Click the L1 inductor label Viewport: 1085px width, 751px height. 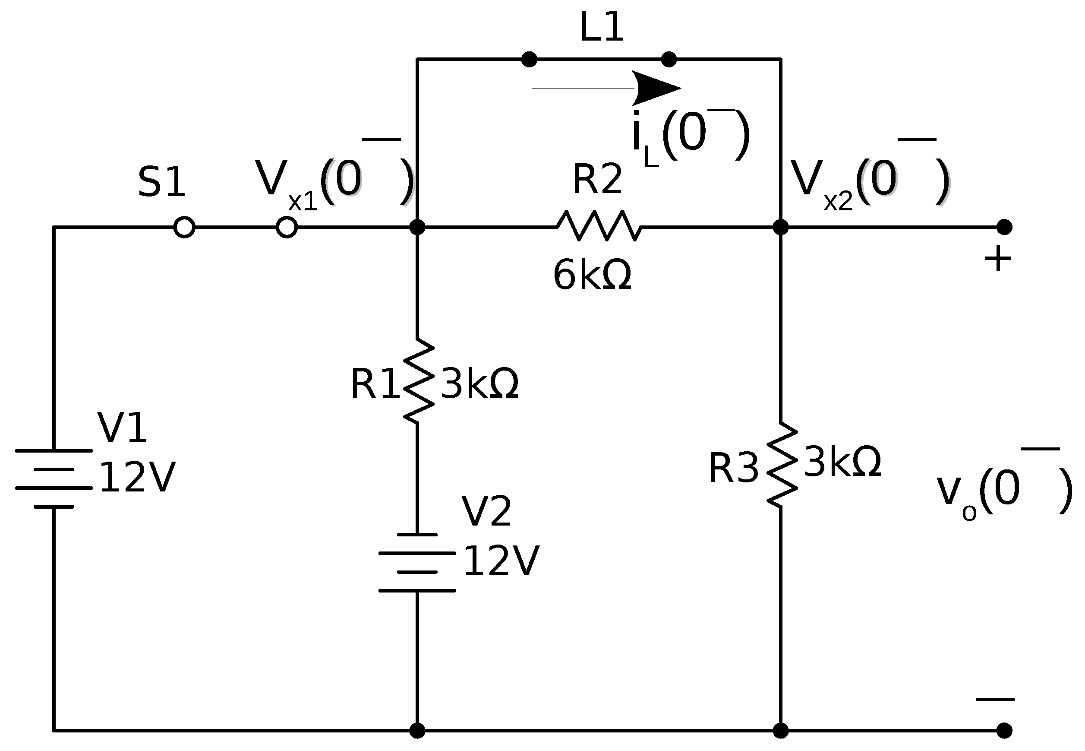601,27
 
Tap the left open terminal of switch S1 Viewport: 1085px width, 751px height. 184,227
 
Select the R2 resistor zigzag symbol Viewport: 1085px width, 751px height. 599,226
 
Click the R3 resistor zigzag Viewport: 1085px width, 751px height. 782,465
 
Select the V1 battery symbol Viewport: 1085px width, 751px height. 54,478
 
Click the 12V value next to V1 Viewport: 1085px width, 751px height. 137,478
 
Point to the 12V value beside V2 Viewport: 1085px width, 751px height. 501,561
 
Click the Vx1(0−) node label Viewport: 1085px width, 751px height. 334,181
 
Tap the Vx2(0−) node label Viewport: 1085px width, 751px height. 870,181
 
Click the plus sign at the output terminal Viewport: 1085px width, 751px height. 997,259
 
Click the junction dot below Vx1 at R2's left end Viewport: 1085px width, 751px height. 416,227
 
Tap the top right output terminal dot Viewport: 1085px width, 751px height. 1004,227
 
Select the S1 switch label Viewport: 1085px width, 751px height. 161,182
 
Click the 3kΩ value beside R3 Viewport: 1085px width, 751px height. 842,463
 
